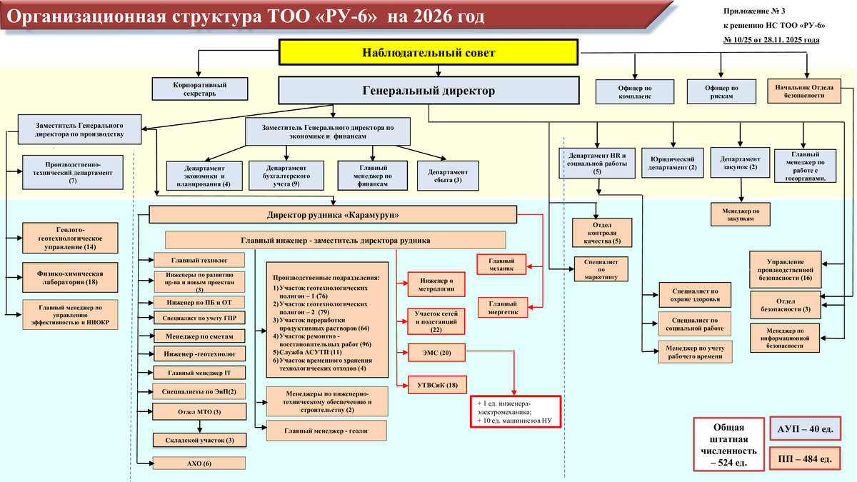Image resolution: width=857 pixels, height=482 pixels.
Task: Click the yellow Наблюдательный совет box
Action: (428, 53)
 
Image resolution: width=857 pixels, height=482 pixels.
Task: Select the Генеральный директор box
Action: (428, 91)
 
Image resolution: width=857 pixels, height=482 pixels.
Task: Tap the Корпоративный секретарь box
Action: (200, 89)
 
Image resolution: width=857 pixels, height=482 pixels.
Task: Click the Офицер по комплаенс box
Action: (635, 91)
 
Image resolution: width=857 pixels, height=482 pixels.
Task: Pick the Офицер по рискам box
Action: (721, 91)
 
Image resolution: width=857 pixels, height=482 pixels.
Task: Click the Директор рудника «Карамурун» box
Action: (333, 215)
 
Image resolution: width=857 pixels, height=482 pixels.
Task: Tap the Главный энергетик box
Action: (501, 306)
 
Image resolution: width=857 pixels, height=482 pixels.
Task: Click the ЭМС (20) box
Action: (436, 353)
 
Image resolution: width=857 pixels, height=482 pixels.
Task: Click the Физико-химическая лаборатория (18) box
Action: (70, 277)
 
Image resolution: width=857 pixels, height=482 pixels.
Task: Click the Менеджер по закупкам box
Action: (741, 215)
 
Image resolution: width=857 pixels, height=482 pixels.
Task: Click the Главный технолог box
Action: (199, 259)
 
